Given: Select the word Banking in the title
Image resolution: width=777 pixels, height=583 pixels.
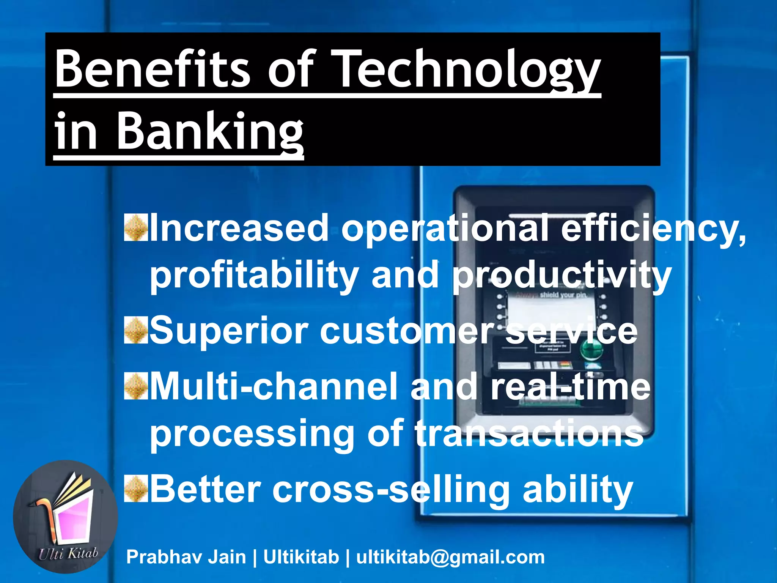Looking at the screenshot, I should (209, 133).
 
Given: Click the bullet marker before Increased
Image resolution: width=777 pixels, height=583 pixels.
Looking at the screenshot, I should (135, 228).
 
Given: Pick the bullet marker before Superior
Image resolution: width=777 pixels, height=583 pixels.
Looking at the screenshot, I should (135, 331).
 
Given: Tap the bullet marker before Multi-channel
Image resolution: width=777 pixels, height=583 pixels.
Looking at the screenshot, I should (135, 387).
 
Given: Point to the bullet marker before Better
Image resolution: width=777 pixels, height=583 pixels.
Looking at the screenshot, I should (135, 489).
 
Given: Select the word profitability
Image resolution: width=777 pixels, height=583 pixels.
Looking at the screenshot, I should (254, 275).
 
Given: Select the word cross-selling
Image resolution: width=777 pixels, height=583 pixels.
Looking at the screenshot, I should (391, 489).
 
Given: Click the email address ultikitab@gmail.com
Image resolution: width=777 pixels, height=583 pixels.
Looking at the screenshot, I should (450, 557).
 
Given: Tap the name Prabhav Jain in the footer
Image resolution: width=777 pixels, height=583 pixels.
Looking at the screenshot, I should (186, 557).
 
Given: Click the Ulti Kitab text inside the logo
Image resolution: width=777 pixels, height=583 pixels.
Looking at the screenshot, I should (68, 553).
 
